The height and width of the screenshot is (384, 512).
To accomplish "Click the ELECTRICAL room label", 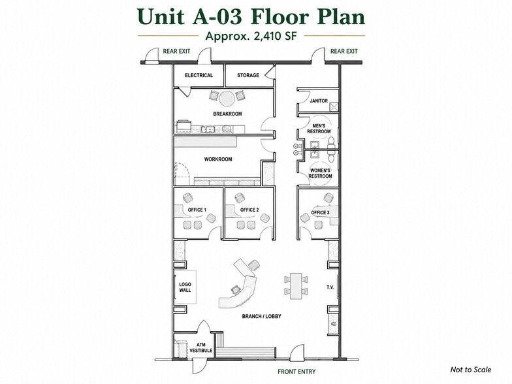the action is point(199,75).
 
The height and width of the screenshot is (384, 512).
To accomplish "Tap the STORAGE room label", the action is point(248,75).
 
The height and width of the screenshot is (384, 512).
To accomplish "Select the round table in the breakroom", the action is point(227,98).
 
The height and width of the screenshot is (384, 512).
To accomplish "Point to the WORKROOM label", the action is point(218,159).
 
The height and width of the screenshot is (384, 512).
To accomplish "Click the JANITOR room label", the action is point(319,101).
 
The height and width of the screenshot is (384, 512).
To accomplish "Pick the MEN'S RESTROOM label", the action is point(319,129).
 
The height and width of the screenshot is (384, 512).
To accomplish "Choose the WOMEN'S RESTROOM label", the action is point(320,173).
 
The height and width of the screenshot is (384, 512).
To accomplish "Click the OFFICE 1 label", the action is point(197,210).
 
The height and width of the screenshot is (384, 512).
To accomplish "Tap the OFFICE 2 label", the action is point(249,210).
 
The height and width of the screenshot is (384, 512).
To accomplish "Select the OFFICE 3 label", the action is point(320,213).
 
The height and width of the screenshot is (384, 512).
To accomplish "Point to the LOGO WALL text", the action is point(185,287).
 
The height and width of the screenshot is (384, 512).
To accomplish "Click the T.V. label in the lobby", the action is point(330,287).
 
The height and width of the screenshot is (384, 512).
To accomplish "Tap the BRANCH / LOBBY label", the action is point(261,316).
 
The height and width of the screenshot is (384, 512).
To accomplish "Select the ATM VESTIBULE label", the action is point(201,347).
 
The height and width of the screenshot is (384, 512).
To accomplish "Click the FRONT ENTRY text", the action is point(296,372).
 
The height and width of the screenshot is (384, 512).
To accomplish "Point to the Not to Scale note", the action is point(470,370).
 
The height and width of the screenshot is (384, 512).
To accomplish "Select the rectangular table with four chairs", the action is point(296,285).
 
